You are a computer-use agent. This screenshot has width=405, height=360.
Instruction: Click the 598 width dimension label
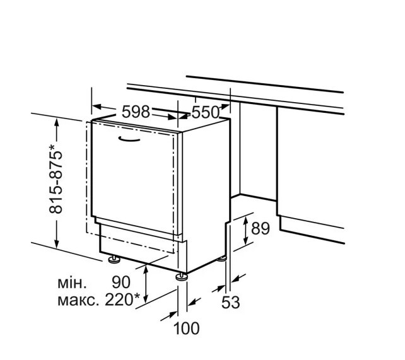pos(136,112)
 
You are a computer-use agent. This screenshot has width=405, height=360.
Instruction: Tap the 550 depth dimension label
pos(205,112)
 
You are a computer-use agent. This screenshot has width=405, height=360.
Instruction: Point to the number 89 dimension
pos(260,228)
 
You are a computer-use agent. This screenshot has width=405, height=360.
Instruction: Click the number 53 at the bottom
pos(232,303)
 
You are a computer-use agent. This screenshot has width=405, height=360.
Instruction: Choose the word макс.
pos(76,299)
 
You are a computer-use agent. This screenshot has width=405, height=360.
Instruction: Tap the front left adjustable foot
pos(114,258)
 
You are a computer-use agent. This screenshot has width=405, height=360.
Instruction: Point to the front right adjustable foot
pos(181,276)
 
